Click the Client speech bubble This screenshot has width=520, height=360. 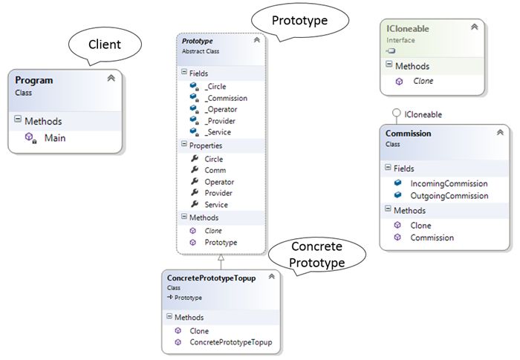(105, 44)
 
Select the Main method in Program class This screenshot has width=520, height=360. (55, 138)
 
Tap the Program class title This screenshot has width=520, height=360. (34, 80)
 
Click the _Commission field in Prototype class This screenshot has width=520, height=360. (226, 98)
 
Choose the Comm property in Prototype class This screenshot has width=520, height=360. (215, 171)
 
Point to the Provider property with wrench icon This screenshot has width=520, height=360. (218, 193)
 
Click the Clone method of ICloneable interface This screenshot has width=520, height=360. (423, 81)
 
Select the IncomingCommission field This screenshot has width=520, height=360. (449, 183)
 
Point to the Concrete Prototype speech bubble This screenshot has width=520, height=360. (317, 255)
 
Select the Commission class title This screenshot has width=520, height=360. (409, 134)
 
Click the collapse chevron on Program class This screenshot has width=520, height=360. (111, 78)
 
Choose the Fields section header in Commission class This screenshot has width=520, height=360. (409, 168)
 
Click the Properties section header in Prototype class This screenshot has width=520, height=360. (206, 145)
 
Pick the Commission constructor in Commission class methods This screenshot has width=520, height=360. (432, 238)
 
